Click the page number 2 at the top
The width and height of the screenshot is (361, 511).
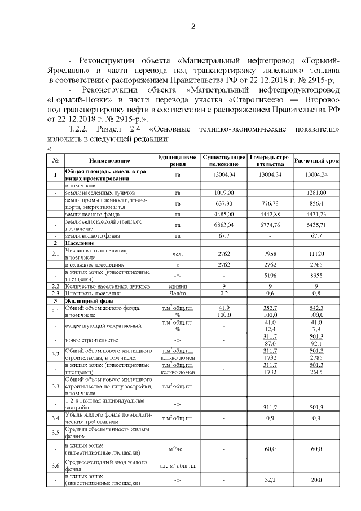click(193, 27)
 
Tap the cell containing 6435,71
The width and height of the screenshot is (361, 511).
click(316, 225)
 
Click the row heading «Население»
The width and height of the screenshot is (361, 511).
click(78, 243)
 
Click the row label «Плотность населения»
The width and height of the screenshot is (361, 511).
click(93, 294)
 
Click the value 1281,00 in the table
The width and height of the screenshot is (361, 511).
click(316, 193)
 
